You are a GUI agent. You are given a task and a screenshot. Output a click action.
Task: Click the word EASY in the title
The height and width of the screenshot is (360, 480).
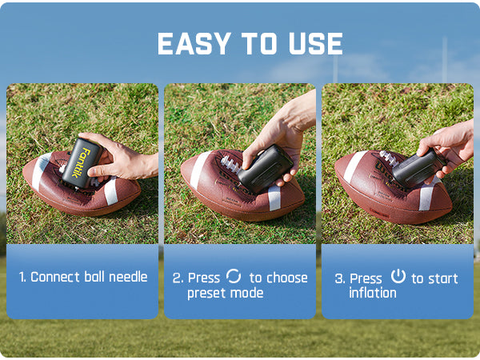pos(189,44)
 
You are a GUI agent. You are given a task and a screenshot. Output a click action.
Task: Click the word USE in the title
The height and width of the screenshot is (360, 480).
pos(314,44)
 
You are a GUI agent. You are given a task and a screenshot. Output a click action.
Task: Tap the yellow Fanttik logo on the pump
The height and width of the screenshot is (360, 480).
pos(82,160)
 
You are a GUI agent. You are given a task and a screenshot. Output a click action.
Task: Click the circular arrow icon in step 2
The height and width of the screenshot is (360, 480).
pos(234,276)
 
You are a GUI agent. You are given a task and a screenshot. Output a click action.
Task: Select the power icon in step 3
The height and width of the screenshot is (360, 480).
pos(398,276)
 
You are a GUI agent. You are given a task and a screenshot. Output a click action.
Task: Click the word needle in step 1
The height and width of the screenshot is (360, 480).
pos(127,278)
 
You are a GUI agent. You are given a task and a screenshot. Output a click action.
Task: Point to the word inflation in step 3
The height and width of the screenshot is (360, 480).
pos(372,293)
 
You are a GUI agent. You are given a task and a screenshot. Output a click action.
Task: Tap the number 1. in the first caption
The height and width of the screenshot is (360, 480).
pos(22,278)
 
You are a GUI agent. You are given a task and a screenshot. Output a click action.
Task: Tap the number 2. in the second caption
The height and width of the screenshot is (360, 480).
pos(178,278)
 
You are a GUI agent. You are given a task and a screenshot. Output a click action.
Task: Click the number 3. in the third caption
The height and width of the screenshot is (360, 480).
pos(340,278)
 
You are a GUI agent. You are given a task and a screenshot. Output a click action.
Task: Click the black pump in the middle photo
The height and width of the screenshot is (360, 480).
pos(264,168)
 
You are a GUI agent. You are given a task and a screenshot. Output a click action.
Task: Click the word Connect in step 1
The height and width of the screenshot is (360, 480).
pos(55,278)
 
